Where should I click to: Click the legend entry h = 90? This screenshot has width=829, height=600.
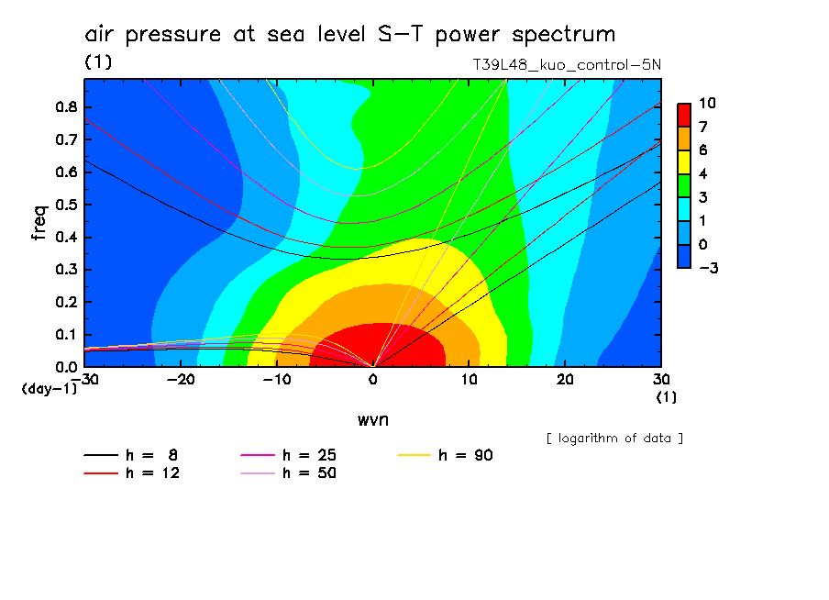(466, 455)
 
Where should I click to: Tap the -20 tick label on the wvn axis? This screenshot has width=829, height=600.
(181, 380)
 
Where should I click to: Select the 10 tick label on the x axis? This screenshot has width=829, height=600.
(469, 380)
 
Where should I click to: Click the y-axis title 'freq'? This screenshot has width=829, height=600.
(39, 224)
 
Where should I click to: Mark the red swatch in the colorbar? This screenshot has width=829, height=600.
(683, 114)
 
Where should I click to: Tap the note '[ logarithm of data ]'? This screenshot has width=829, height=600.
(614, 438)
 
